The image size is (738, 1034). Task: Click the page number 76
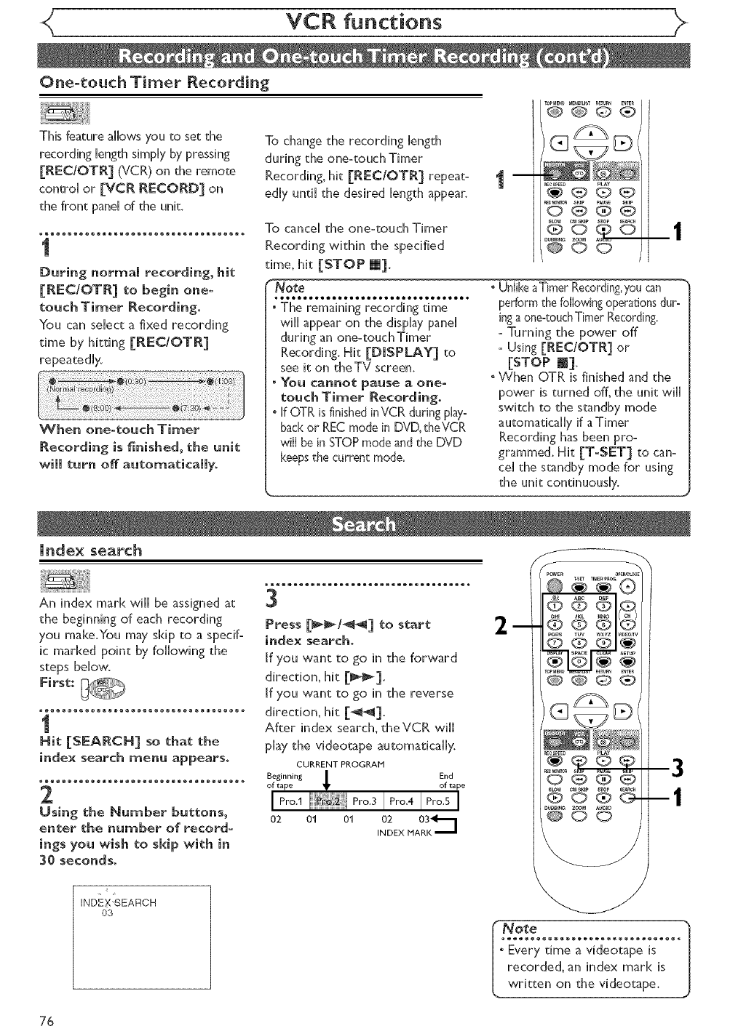pos(48,1020)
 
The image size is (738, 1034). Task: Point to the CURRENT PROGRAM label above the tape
pos(333,764)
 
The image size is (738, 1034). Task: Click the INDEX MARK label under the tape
pos(404,833)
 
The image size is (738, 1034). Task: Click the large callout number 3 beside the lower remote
pos(677,767)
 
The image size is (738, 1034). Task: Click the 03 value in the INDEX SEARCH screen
pos(108,913)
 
